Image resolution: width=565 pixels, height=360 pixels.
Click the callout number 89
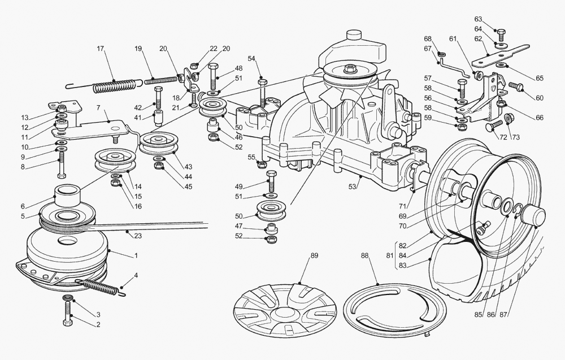(x=315, y=256)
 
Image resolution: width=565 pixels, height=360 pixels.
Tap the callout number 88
(x=365, y=256)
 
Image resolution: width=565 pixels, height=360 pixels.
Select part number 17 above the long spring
(x=101, y=49)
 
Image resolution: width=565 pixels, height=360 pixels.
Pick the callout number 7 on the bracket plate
(x=98, y=107)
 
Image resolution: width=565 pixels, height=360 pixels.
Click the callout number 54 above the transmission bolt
(x=251, y=59)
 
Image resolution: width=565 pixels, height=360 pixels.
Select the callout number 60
(x=540, y=98)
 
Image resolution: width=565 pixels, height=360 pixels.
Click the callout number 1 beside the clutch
(x=136, y=255)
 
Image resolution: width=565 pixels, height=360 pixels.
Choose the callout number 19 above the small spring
(x=138, y=49)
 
